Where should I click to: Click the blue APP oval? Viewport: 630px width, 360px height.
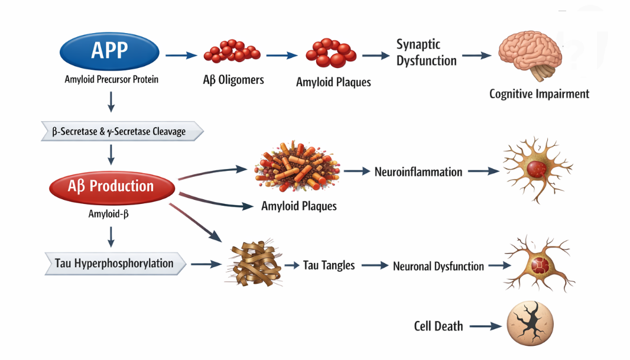pyautogui.click(x=109, y=51)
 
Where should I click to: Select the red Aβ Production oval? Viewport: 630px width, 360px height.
pyautogui.click(x=112, y=187)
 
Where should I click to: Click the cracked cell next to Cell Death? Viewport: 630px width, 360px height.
pyautogui.click(x=530, y=325)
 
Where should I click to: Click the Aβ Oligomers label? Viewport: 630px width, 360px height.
pyautogui.click(x=233, y=80)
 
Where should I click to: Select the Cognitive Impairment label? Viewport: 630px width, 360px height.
pyautogui.click(x=539, y=93)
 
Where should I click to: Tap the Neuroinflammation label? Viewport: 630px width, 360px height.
pyautogui.click(x=418, y=172)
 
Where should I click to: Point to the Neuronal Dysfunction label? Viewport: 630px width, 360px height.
pyautogui.click(x=438, y=267)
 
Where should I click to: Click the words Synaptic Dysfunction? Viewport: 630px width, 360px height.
pyautogui.click(x=426, y=53)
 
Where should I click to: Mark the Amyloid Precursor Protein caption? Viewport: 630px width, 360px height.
pyautogui.click(x=112, y=79)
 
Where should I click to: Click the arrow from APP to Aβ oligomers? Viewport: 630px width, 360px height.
pyautogui.click(x=181, y=56)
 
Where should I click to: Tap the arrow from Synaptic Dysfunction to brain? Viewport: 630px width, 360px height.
pyautogui.click(x=476, y=56)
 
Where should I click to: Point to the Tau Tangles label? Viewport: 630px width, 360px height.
pyautogui.click(x=329, y=265)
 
